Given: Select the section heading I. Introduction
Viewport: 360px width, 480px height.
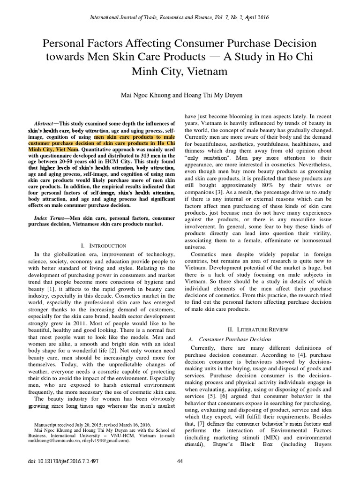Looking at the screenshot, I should tap(104, 246).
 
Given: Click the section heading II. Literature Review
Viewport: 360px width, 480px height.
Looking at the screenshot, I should tap(256, 330).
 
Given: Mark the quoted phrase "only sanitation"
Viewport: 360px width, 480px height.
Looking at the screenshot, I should tap(203, 158).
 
